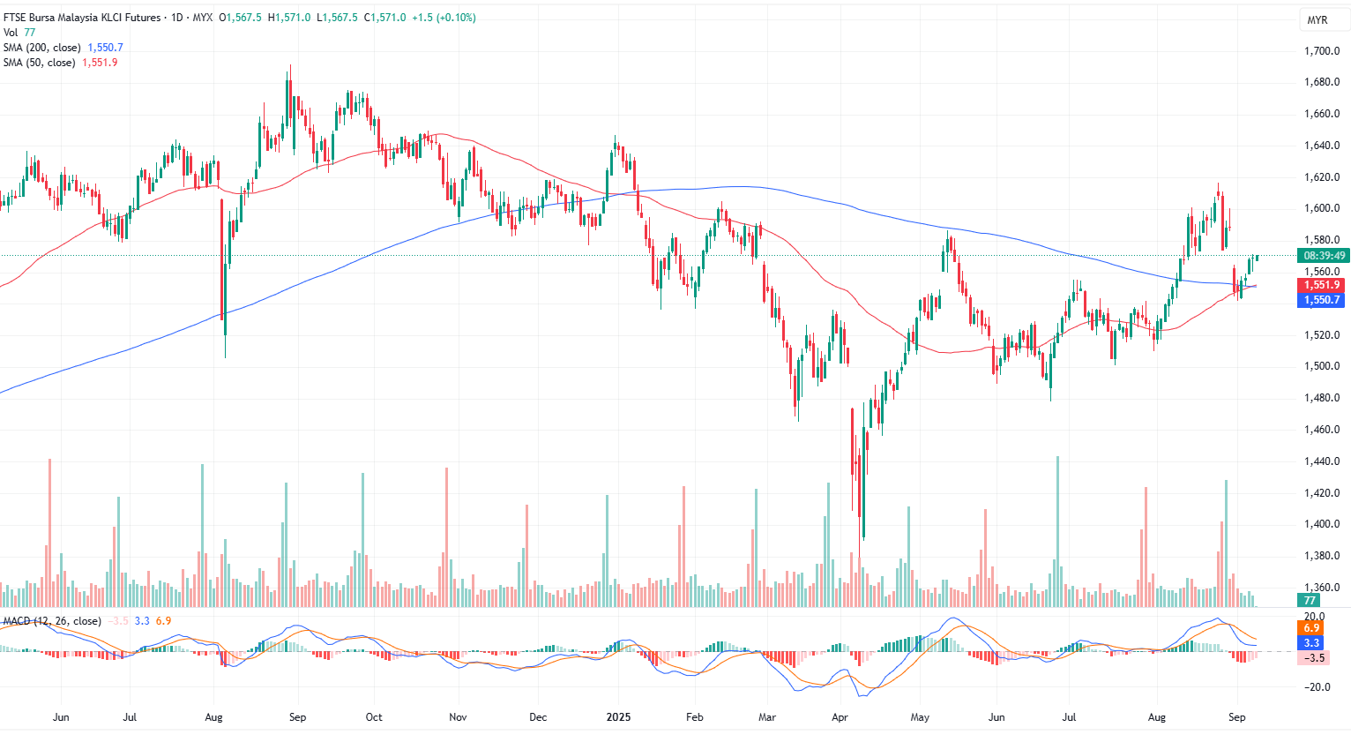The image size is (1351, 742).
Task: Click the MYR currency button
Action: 1317,20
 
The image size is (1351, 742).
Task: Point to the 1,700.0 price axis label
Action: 1322,51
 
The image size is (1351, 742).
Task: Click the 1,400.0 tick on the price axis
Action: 1322,524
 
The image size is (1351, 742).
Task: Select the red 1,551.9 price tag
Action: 1322,285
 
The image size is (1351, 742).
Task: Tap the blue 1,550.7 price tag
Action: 1322,300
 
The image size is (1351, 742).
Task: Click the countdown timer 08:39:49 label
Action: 1325,256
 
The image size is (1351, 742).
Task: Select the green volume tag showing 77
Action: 1310,600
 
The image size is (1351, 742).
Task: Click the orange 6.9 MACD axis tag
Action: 1311,628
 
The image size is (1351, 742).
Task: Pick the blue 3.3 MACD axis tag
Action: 1311,643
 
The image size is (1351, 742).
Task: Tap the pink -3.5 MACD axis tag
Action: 1314,658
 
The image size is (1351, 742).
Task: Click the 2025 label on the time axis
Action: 618,717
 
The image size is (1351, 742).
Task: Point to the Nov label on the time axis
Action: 458,717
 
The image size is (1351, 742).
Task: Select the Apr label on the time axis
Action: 840,717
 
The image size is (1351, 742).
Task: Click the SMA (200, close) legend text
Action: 41,48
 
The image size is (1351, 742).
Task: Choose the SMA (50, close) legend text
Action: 39,63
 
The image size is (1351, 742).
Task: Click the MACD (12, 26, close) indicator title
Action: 52,621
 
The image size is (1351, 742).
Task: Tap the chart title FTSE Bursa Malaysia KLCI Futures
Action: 82,18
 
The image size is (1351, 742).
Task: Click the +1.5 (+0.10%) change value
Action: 444,18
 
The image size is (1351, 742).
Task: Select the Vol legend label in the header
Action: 11,33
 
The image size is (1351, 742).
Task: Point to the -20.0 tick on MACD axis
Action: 1315,687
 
